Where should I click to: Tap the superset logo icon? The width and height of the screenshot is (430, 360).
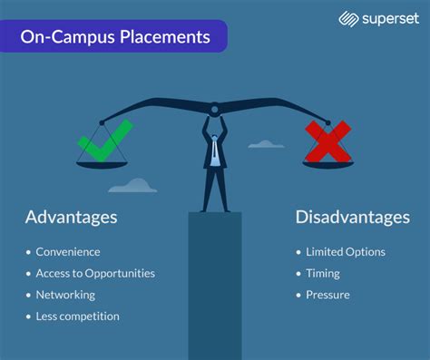(x=347, y=18)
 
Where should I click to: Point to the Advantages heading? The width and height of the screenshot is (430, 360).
(x=71, y=218)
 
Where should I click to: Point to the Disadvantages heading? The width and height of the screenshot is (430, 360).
(x=352, y=218)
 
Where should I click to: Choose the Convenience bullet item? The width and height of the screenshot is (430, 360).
(x=67, y=252)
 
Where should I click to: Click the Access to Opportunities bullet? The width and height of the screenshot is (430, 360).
(x=94, y=273)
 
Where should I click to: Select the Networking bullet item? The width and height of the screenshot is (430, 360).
(x=65, y=295)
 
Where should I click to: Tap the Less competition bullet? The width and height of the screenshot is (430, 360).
(x=77, y=316)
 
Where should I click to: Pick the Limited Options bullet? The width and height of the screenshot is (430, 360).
(x=345, y=252)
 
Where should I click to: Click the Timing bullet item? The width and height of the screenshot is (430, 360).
(x=323, y=273)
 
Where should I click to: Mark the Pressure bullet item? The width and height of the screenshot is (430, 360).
(x=327, y=295)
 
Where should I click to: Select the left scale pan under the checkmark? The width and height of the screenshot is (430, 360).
(x=103, y=164)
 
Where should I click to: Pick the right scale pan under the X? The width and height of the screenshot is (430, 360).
(x=327, y=164)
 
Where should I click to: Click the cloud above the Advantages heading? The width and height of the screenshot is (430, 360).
(x=133, y=186)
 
